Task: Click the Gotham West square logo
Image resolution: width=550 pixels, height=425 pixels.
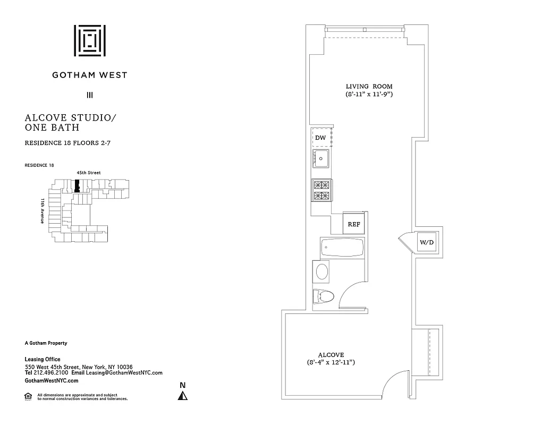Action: point(90,40)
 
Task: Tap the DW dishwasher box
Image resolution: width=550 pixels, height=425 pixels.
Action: point(320,138)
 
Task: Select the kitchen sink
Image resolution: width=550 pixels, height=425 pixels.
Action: point(321,158)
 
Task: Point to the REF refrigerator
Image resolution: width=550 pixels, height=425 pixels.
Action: point(354,224)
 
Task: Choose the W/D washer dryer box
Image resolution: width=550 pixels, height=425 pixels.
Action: point(427,243)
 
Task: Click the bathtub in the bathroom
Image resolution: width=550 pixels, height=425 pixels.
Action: point(342,248)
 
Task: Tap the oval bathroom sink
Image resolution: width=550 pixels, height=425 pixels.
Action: point(323,271)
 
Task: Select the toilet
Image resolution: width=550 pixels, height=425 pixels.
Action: point(324,295)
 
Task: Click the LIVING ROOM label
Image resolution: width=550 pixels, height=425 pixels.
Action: point(369,86)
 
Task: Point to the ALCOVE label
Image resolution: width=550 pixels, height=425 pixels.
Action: point(331,355)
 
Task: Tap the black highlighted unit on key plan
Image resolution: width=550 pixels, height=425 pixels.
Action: point(78,186)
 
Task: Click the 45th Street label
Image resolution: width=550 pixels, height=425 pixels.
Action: point(88,173)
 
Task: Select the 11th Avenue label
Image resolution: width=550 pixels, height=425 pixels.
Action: point(42,211)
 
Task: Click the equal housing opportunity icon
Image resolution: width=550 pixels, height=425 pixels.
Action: point(28,395)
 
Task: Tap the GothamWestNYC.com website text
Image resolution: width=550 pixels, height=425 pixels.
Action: point(52,381)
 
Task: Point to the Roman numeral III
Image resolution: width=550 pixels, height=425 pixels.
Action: point(90,96)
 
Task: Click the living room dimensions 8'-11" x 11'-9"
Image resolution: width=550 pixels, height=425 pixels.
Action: point(369,94)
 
